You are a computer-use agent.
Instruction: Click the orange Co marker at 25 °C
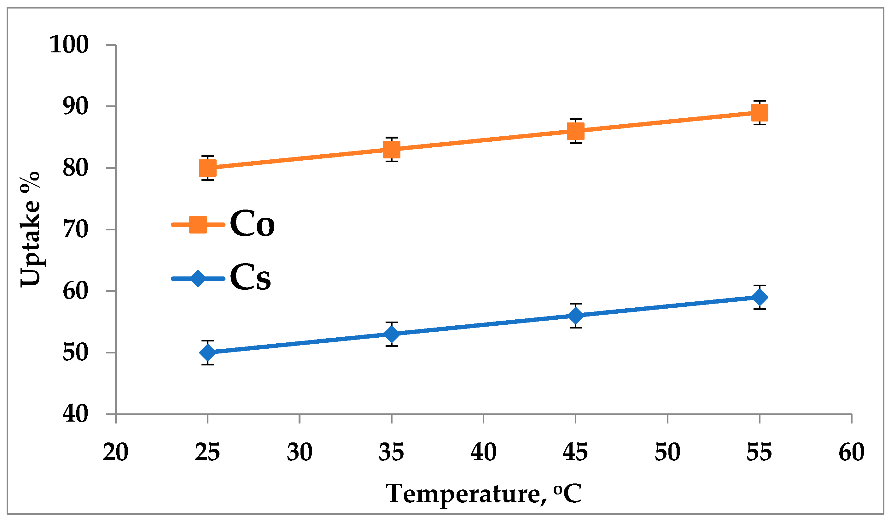207,168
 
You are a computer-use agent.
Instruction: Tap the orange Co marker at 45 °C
576,131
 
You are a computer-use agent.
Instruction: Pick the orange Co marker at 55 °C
760,113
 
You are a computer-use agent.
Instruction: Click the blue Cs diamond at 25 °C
207,352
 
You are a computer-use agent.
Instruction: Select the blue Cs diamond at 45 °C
576,315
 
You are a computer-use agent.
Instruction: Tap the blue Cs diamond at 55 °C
760,297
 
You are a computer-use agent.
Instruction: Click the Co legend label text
252,224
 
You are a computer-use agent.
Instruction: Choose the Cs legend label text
250,277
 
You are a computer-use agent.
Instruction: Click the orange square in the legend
198,224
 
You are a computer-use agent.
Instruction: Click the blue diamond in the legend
198,278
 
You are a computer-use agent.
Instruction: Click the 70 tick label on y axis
75,229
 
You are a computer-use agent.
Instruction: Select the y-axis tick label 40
75,414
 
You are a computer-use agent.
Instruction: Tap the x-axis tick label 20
115,452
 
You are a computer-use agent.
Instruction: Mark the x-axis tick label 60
851,452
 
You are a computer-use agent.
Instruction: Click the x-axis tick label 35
391,452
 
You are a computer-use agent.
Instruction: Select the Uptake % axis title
30,229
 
